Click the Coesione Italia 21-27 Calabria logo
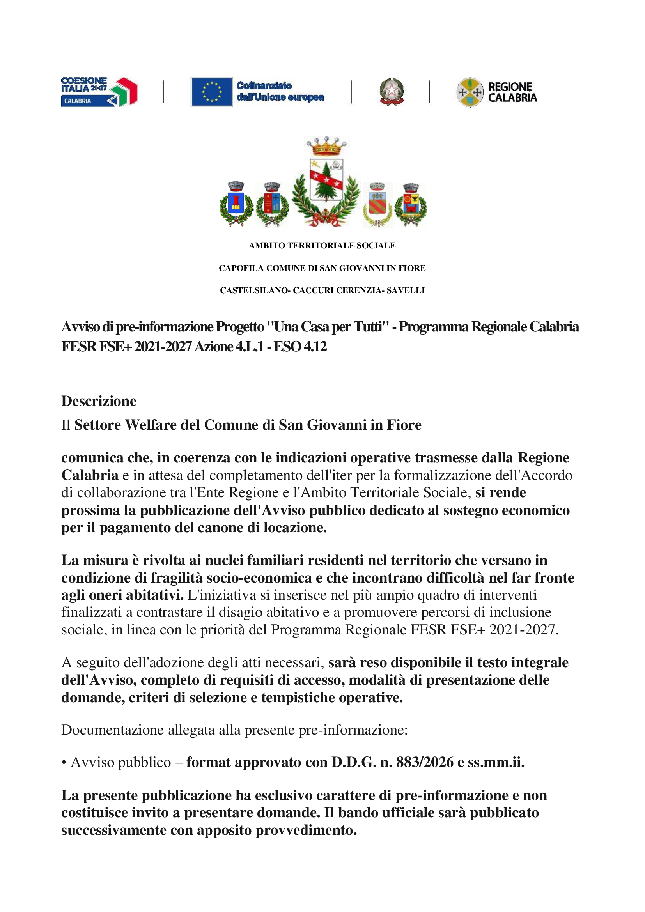(99, 92)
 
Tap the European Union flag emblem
(211, 92)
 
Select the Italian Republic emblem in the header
(392, 92)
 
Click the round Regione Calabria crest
(470, 92)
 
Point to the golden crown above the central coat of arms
(326, 147)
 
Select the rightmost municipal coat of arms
(411, 204)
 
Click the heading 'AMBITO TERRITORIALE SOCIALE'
(322, 246)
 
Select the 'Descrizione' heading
(99, 401)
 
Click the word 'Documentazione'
(112, 730)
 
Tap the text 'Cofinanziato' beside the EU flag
(264, 86)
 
